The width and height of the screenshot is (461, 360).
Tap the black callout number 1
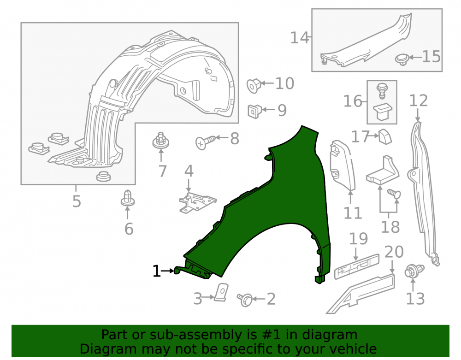tap(157, 271)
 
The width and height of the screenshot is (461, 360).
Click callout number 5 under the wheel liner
tap(77, 201)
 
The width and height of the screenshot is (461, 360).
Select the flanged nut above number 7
tap(161, 141)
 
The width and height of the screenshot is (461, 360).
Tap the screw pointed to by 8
tap(205, 142)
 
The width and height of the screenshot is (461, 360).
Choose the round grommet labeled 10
tap(254, 86)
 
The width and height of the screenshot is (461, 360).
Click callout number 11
tap(353, 213)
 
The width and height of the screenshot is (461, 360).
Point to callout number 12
tap(419, 100)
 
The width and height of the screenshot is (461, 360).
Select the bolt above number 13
tap(414, 271)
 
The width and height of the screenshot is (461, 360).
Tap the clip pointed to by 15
tap(402, 59)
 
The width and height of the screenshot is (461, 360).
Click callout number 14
tap(300, 38)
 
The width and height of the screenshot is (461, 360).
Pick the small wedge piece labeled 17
tap(385, 136)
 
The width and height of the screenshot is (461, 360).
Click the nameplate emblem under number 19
tap(357, 266)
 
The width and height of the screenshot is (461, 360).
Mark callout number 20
tap(394, 252)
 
